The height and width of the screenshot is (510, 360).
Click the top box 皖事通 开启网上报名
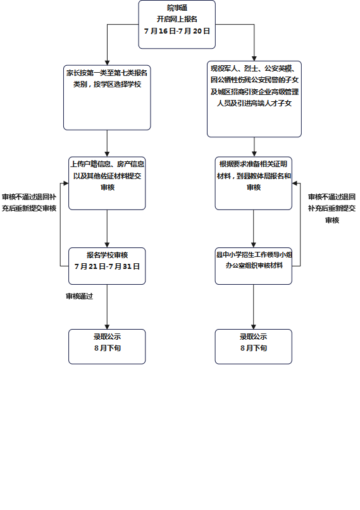(177, 25)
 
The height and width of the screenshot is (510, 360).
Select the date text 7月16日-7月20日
(177, 31)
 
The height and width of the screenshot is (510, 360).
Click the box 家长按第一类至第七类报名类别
(107, 97)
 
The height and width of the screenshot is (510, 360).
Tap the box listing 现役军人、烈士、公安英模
(254, 99)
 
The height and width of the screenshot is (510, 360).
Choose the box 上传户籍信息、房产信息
(107, 183)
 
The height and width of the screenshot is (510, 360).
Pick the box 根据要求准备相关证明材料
(253, 183)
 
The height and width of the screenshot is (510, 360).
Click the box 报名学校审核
(107, 266)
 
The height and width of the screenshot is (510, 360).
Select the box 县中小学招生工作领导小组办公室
(253, 266)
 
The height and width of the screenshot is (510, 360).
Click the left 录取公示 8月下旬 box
(107, 347)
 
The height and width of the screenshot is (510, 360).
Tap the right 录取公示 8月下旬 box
(253, 347)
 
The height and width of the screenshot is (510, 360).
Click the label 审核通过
(79, 296)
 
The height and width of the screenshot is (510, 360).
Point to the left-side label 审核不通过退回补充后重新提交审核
(29, 202)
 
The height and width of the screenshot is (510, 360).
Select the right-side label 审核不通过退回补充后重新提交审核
(332, 208)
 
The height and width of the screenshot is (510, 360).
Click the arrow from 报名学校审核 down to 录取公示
(107, 307)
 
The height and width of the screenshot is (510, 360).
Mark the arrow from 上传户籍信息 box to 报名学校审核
(107, 228)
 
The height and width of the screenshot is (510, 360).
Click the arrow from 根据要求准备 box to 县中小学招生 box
(253, 228)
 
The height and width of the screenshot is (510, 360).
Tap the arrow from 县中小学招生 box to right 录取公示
(253, 307)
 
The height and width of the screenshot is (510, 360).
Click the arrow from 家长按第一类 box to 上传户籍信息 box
(107, 144)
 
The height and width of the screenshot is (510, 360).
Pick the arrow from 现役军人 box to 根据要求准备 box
(254, 147)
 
